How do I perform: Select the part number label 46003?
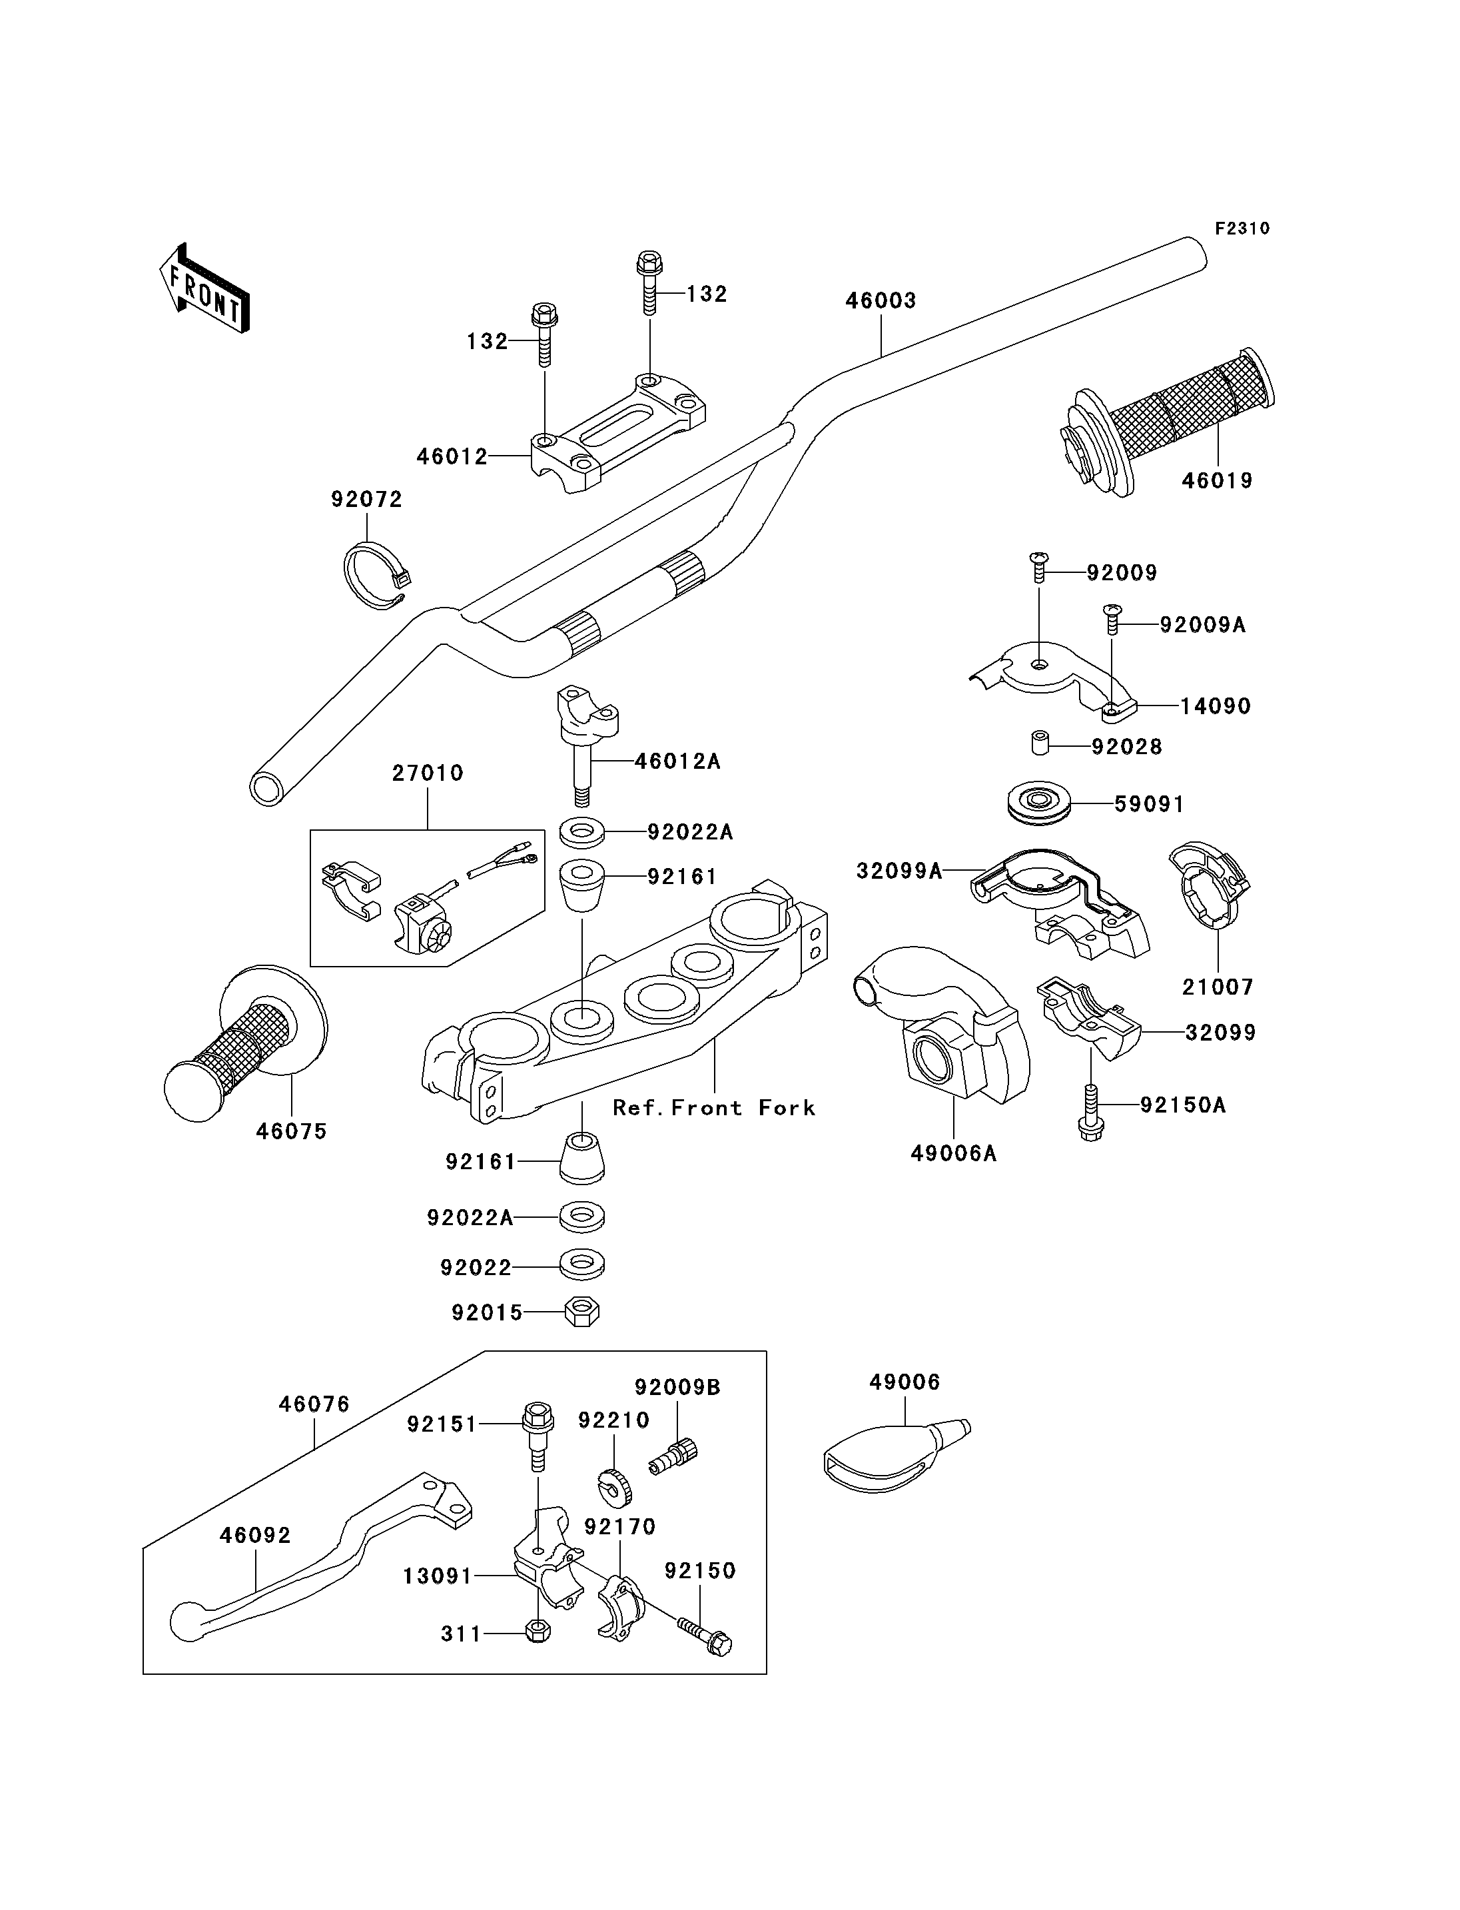coord(881,301)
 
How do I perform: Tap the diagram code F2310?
coord(1242,229)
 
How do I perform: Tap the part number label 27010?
coord(428,773)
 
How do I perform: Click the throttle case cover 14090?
coord(1052,678)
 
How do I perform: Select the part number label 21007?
coord(1217,987)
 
